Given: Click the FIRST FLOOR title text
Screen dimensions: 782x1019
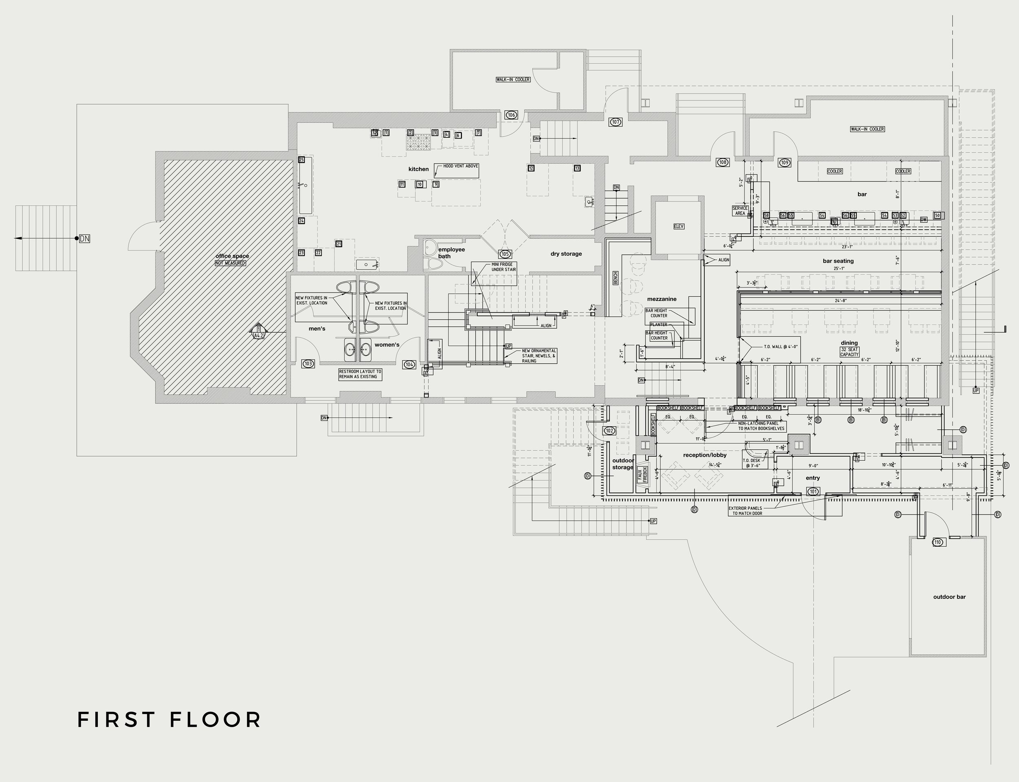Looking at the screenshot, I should (x=169, y=720).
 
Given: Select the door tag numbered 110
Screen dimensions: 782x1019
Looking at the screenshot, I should (x=937, y=542).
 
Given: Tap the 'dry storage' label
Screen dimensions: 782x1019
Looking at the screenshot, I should (x=566, y=254).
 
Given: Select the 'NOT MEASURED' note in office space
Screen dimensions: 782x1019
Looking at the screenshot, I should (x=230, y=263).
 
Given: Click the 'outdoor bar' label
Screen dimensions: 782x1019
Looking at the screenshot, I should (x=949, y=597).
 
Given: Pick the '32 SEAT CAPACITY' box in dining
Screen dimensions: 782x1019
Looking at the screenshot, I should (x=849, y=352).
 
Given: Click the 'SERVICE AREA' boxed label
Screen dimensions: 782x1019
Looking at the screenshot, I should (x=740, y=211).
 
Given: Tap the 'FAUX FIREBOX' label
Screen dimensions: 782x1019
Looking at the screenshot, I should (x=642, y=475).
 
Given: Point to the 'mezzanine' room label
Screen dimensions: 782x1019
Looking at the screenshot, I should (x=662, y=299).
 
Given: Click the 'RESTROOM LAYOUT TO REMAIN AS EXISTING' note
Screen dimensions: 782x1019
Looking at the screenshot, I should (x=360, y=374).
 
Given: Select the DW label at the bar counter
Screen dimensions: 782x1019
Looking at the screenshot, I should (x=924, y=220).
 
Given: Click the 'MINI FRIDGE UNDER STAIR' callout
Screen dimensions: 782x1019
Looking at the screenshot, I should (x=503, y=267).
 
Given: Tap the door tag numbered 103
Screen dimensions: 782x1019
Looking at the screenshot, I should (x=308, y=364).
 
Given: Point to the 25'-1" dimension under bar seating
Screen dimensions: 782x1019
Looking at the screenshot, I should (x=839, y=269).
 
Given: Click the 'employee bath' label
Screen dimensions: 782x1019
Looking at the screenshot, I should (x=450, y=253).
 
